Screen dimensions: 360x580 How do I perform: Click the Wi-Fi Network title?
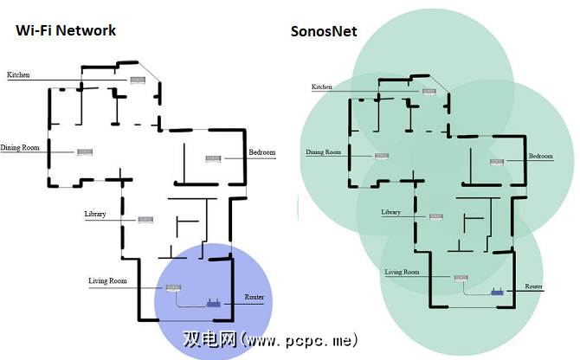[65, 30]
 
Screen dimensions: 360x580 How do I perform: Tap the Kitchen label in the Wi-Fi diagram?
[18, 75]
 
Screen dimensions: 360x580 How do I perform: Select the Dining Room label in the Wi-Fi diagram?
[21, 148]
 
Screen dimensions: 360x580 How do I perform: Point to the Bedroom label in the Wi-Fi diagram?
[262, 153]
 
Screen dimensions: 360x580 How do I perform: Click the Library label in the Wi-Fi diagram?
[96, 214]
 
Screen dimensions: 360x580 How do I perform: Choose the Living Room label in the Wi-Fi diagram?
[108, 281]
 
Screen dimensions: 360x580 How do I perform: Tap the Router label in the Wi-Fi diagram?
[254, 298]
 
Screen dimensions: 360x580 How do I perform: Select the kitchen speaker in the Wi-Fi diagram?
[138, 80]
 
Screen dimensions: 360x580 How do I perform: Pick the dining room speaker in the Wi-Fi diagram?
[84, 153]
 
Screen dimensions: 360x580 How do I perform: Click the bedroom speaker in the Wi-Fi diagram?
[213, 158]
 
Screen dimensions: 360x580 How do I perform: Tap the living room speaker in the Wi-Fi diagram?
[172, 288]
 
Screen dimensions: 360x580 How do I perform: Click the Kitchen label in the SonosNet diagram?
[322, 87]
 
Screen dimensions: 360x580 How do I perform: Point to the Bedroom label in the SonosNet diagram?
[541, 157]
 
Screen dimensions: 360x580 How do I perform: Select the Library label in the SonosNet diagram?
[391, 212]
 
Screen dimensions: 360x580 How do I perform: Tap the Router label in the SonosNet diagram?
[534, 285]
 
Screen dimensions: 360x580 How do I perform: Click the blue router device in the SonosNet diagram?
[498, 292]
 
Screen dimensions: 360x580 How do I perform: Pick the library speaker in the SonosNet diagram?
[435, 216]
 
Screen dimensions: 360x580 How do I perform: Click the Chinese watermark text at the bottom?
[270, 340]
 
